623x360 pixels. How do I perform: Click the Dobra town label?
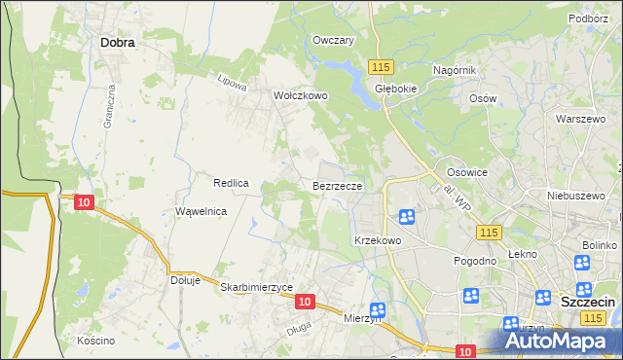[117, 43]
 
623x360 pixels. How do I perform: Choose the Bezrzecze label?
[338, 185]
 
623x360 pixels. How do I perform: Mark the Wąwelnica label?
[202, 211]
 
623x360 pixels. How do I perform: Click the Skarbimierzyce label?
[257, 287]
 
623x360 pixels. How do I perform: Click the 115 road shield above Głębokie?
[381, 65]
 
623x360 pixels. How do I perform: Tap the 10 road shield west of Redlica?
[84, 201]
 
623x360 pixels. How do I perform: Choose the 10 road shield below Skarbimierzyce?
[305, 303]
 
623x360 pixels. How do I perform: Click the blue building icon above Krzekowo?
[407, 216]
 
